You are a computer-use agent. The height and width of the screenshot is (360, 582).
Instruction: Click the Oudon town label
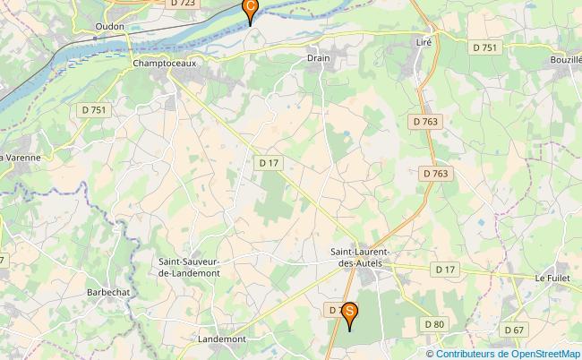(109, 27)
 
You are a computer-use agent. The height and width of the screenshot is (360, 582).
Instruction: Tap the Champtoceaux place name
(163, 64)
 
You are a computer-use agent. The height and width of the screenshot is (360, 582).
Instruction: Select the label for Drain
(319, 58)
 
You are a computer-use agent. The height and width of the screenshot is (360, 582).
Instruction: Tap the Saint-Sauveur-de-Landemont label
(196, 267)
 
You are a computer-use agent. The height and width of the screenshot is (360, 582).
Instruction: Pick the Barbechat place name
(110, 293)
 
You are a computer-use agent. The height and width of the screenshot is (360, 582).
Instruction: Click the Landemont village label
(221, 339)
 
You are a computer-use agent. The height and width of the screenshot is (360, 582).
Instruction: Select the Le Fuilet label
(552, 279)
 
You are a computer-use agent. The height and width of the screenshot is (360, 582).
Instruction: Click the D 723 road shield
(182, 4)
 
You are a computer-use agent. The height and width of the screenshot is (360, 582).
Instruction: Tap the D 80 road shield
(434, 323)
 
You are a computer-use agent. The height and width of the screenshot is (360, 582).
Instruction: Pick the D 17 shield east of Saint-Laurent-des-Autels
(445, 269)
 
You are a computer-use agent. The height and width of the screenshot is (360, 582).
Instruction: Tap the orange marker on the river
(250, 9)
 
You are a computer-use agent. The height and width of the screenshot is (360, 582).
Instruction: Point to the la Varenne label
(21, 158)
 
